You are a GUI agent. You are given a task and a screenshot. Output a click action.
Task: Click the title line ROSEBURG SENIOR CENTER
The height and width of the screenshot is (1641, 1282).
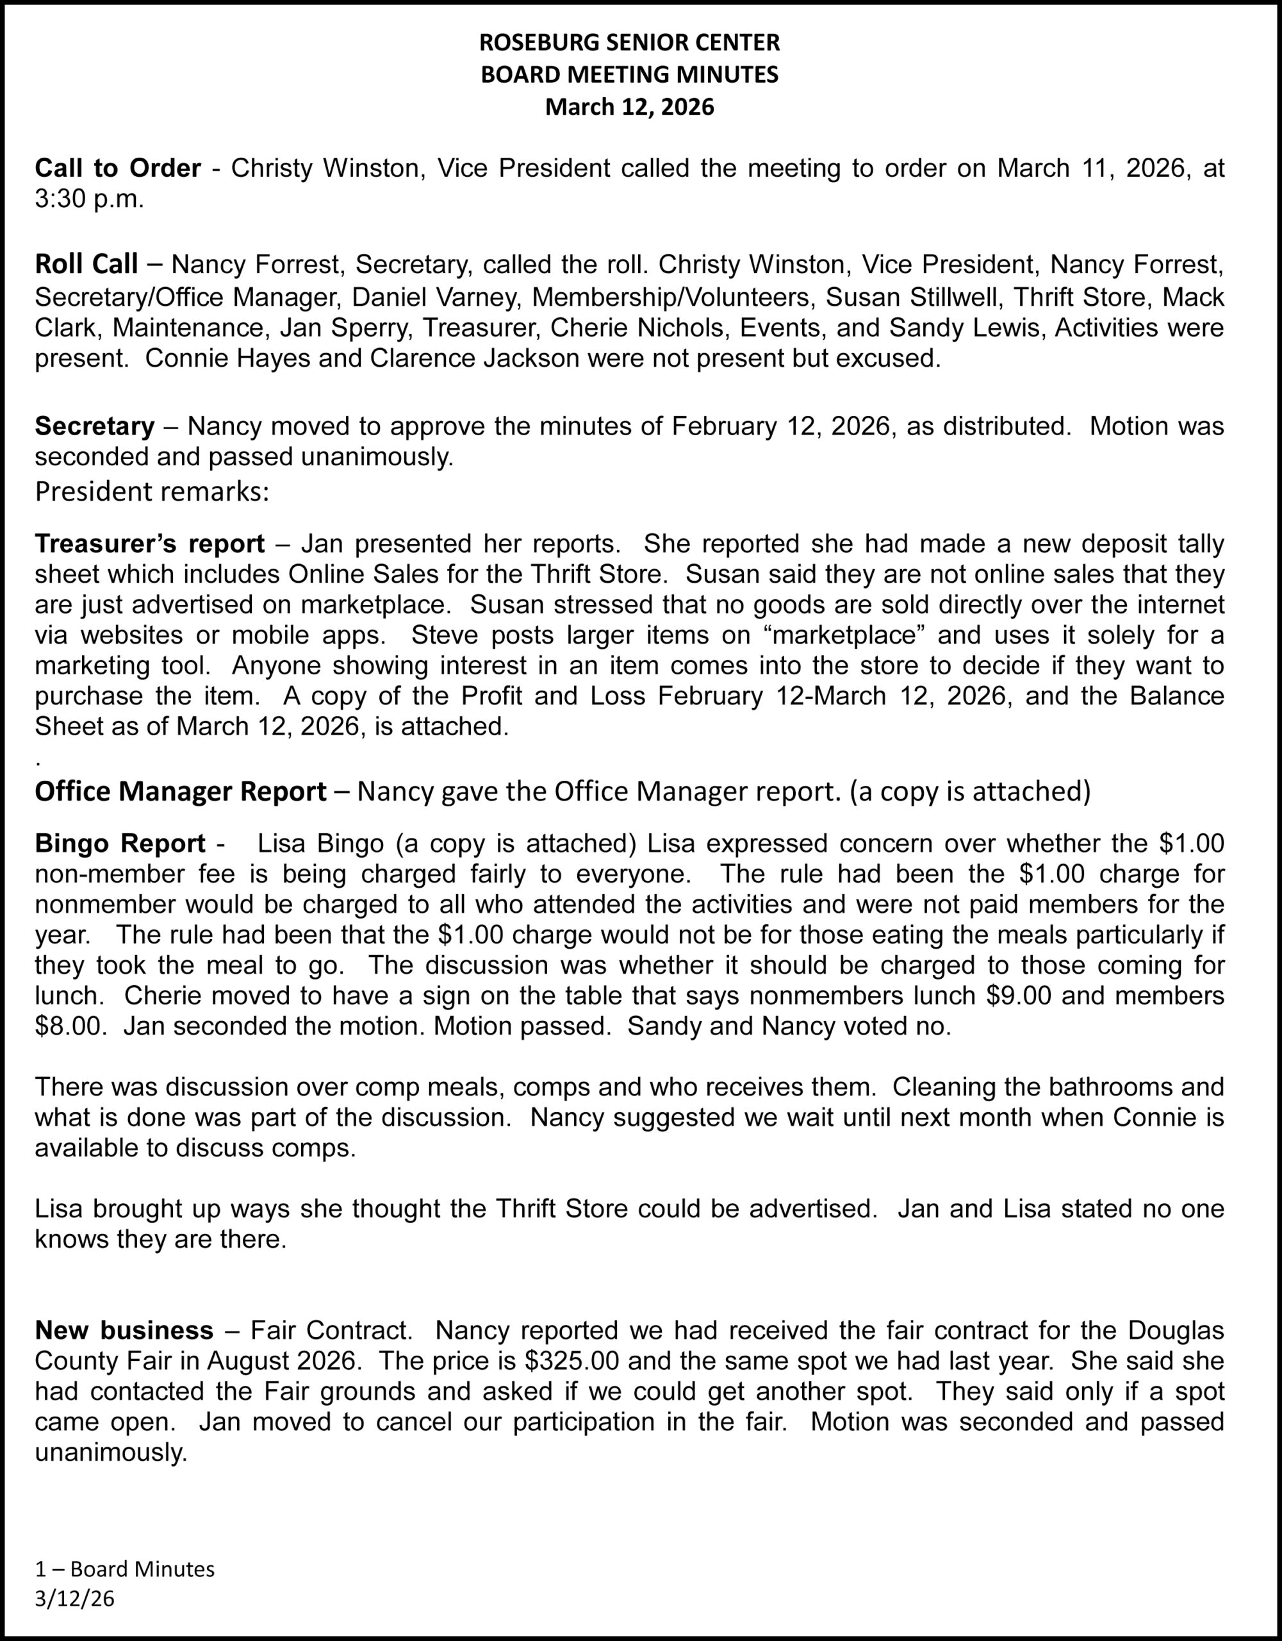(x=629, y=43)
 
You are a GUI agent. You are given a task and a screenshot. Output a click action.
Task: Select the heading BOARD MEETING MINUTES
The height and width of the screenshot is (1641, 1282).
(x=629, y=75)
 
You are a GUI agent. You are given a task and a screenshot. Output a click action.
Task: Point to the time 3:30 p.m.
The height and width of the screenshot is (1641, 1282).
(x=88, y=200)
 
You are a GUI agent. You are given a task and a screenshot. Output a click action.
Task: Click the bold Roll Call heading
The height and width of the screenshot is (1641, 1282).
(x=86, y=265)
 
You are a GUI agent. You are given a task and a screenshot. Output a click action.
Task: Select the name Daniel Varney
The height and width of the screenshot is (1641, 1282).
(x=436, y=297)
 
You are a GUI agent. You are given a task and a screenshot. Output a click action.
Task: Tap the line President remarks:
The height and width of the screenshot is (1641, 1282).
(x=152, y=492)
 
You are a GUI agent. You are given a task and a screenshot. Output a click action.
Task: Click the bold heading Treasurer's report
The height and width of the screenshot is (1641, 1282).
(x=149, y=543)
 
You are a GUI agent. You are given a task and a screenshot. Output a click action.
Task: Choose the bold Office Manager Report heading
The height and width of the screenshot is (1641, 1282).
(x=180, y=791)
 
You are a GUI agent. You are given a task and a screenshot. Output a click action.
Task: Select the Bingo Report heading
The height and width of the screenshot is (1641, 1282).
(x=120, y=844)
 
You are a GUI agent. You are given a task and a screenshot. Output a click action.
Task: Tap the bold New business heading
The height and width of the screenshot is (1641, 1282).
(x=124, y=1331)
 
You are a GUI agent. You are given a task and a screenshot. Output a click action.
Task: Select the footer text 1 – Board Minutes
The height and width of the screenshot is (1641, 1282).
(x=125, y=1569)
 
